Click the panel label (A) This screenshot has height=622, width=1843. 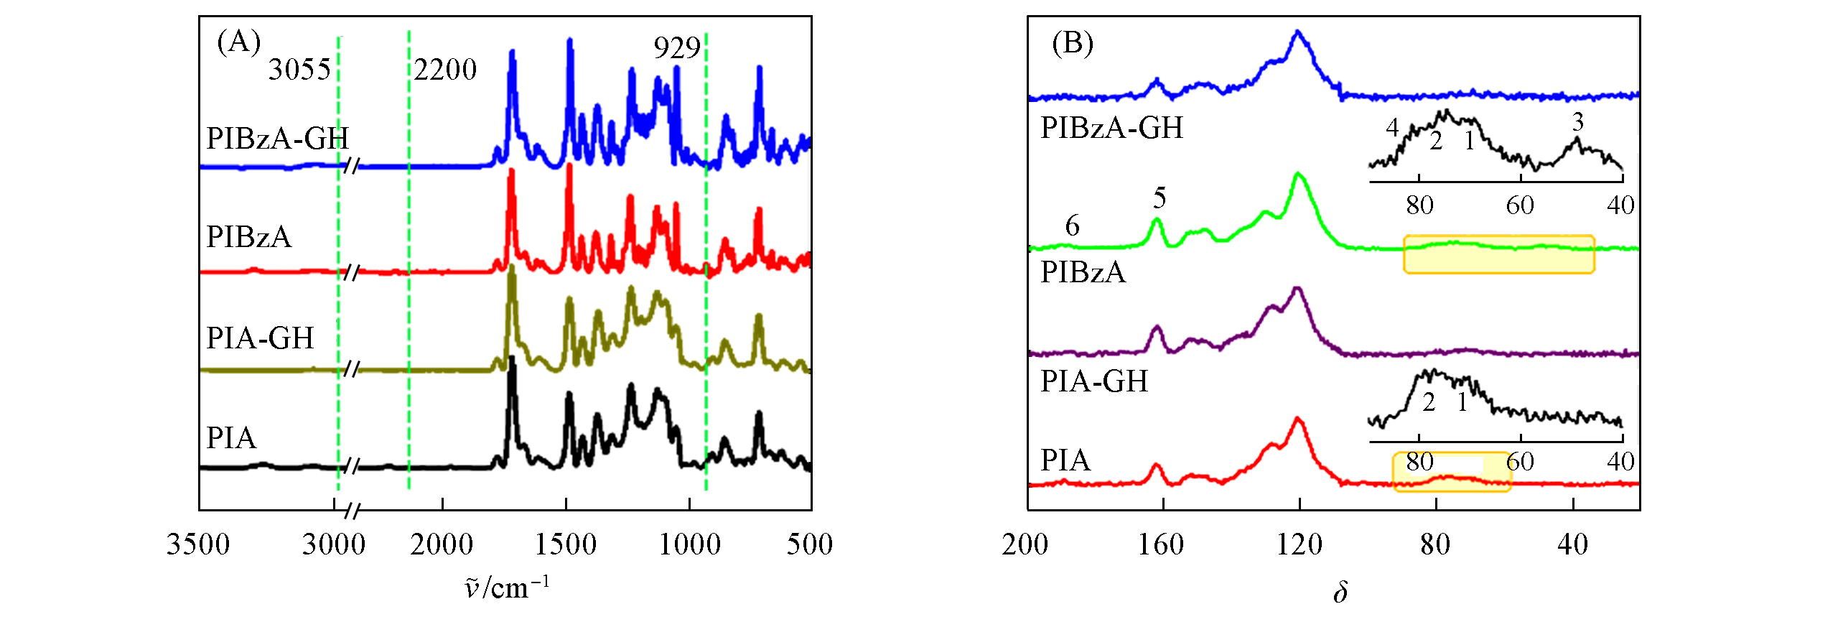coord(238,43)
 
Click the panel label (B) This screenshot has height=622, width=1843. coord(1073,44)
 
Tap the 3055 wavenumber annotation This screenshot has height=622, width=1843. coord(299,70)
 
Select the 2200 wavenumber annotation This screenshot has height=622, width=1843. coord(445,70)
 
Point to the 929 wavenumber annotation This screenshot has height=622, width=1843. coord(676,48)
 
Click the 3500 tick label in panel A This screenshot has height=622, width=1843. coord(198,544)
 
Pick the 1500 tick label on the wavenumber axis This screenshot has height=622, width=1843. coord(566,544)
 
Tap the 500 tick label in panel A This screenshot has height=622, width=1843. coord(810,544)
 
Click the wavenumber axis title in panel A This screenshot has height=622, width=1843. coord(507,588)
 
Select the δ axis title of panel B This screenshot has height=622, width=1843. coord(1340,593)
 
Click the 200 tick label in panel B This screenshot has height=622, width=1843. coord(1025,544)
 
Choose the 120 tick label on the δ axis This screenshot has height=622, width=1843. coord(1299,544)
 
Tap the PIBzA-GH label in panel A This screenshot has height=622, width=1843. coord(277,138)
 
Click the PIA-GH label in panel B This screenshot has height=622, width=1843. coord(1094,381)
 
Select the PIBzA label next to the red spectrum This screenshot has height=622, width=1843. coord(248,237)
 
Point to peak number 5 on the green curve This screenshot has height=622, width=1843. coord(1160,198)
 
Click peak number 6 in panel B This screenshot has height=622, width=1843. coord(1073,226)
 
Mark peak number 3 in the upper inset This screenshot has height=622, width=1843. coord(1577,122)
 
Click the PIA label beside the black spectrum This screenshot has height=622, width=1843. coord(230,437)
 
